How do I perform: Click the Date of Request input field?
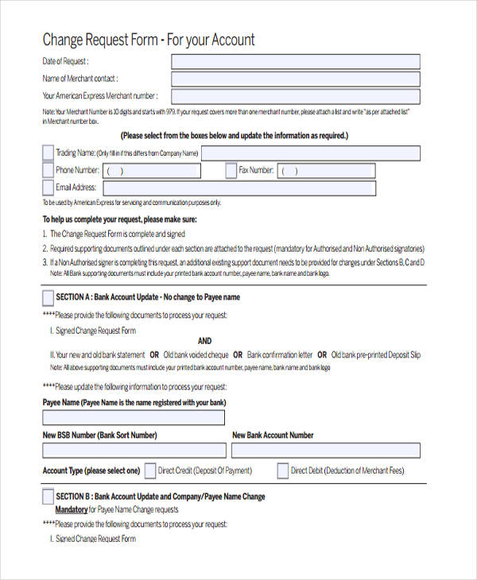[x=296, y=62]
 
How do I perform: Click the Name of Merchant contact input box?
[x=296, y=79]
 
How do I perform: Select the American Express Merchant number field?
[x=296, y=96]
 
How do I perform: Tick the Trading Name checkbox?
[x=48, y=153]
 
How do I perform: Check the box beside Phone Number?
[x=48, y=170]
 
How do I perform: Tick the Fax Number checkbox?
[x=231, y=170]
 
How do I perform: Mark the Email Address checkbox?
[x=48, y=188]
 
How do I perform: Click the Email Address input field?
[x=238, y=188]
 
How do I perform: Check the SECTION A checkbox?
[x=48, y=297]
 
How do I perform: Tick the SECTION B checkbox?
[x=48, y=497]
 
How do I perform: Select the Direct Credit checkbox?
[x=149, y=470]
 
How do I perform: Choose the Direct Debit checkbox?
[x=282, y=470]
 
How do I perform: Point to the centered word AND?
[x=205, y=341]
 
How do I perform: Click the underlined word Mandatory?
[x=71, y=509]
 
